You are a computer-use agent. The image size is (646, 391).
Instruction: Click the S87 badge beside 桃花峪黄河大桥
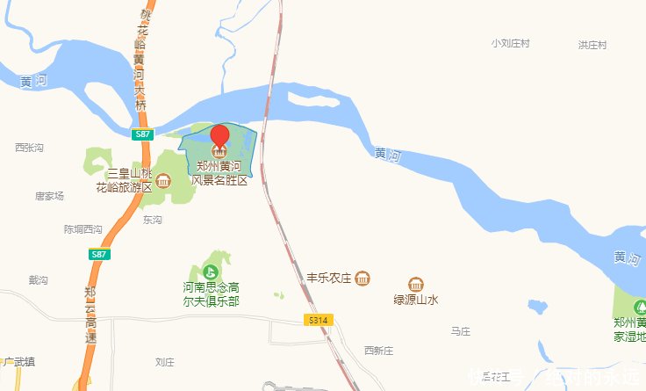point(144,134)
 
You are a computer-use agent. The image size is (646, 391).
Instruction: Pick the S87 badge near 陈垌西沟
point(100,254)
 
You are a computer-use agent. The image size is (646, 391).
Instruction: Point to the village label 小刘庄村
point(512,43)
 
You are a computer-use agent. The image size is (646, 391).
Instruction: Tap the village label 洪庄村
point(592,45)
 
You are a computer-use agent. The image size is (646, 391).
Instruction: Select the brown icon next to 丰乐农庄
point(363,279)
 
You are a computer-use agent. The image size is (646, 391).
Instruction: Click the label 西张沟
point(29,148)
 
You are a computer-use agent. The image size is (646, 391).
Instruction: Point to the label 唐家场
point(49,196)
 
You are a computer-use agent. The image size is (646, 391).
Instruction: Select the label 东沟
point(152,221)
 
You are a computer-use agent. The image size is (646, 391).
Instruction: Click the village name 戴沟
point(38,280)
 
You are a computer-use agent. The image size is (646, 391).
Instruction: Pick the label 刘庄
point(165,362)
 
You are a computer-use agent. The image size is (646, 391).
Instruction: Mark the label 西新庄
point(379,351)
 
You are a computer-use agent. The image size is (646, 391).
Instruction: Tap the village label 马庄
point(461,331)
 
